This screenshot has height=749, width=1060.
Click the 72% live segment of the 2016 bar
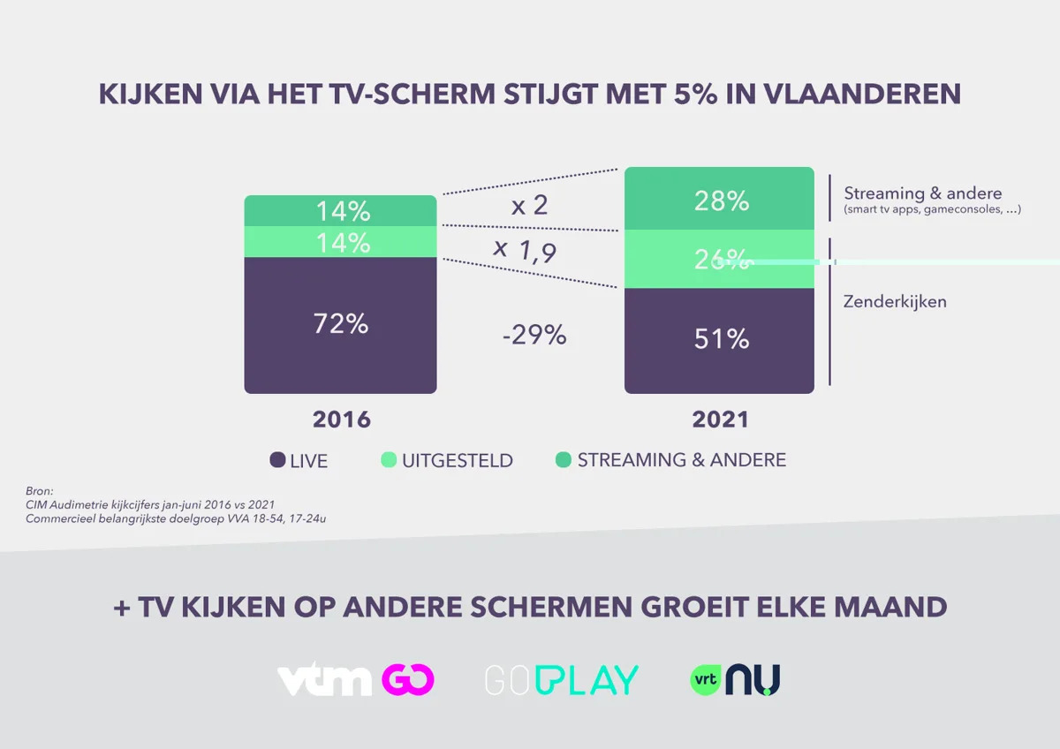click(x=340, y=324)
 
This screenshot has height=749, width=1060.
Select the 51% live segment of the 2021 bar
click(x=720, y=339)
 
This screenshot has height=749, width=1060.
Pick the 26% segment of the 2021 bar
click(x=720, y=260)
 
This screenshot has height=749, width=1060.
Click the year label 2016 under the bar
click(x=341, y=419)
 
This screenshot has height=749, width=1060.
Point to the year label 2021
click(x=720, y=419)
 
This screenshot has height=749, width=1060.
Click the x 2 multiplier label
click(x=530, y=206)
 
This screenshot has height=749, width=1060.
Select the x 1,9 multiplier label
click(x=525, y=251)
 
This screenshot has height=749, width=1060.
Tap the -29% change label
click(x=534, y=336)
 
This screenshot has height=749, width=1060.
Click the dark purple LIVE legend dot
click(x=277, y=460)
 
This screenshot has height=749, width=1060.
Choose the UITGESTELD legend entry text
click(x=458, y=461)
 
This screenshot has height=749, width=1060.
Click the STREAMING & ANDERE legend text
click(x=681, y=460)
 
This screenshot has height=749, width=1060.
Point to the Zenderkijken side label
click(x=895, y=302)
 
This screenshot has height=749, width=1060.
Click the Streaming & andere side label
click(x=922, y=193)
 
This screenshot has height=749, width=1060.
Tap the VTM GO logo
click(x=356, y=680)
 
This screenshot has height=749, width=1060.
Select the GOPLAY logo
click(x=562, y=680)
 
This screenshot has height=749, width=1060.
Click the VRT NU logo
click(x=735, y=680)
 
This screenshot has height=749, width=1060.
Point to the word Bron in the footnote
click(x=40, y=490)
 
